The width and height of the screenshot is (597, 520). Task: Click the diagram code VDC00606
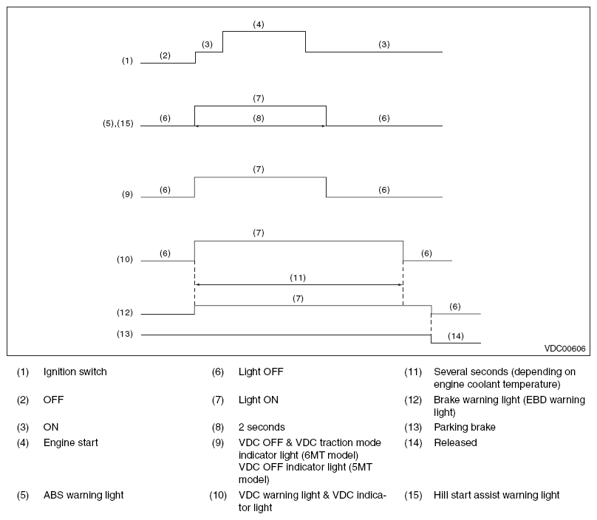pos(564,349)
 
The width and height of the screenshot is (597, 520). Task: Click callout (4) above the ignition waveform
pos(259,24)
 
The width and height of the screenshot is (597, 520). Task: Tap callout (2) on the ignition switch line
pos(165,55)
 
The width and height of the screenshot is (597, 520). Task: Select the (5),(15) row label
pos(118,123)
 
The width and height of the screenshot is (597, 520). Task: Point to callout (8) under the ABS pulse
pos(259,118)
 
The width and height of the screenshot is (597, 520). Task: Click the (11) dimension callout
pos(298,278)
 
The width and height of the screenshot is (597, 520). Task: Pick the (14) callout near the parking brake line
pos(456,336)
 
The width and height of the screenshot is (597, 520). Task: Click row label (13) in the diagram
pos(125,334)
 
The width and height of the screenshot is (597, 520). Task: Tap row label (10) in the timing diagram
pos(125,259)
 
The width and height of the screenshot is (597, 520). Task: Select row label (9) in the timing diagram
pos(127,194)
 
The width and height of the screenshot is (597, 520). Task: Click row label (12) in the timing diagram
pos(125,312)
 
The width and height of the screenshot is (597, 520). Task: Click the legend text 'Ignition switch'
pos(75,372)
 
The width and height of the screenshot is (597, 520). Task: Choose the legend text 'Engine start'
pos(71,442)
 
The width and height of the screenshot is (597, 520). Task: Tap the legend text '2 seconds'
pos(262,427)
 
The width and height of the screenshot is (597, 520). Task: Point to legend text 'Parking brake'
pos(465,428)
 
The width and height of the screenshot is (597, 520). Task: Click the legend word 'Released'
pos(455,442)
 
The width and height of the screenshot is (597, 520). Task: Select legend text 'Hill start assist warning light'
pos(497,496)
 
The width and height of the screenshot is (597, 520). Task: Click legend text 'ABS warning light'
pos(83,496)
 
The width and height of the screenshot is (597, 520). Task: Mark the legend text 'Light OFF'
pos(261,372)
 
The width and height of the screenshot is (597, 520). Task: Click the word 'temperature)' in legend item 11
pos(535,385)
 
